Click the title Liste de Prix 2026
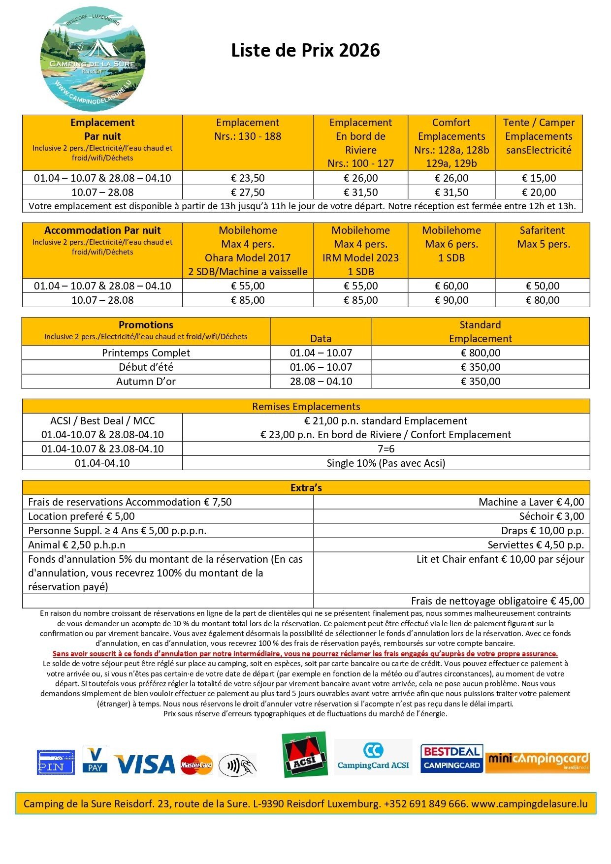pos(305,51)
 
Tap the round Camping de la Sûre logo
pos(93,59)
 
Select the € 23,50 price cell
pos(248,178)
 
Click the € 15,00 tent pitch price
pos(539,178)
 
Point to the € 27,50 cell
pos(248,192)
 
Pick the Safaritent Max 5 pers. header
pos(543,237)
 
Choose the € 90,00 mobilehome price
pos(451,300)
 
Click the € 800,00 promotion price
pos(481,353)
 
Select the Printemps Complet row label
pos(146,353)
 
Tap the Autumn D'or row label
pos(146,382)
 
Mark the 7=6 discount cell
pos(386,449)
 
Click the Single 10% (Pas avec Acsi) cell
pos(386,463)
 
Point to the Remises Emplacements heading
pos(306,407)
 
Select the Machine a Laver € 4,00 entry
pos(531,502)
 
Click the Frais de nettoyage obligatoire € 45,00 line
pos(497,601)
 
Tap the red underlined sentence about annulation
pos(305,654)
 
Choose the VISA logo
pos(145,764)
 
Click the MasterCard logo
pos(196,765)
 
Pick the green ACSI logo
pos(304,754)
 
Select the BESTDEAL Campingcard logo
pos(451,758)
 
